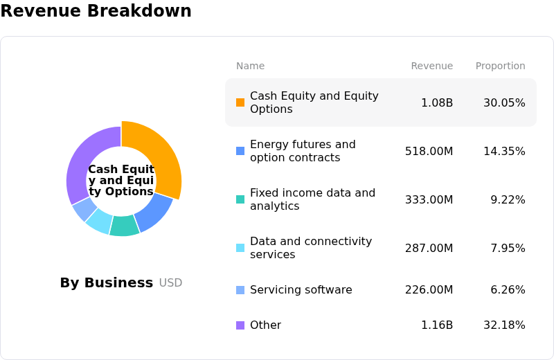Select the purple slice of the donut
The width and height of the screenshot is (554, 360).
coord(82,159)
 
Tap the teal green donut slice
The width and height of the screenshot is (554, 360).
coord(125,226)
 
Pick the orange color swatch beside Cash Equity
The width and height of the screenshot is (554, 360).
coord(240,102)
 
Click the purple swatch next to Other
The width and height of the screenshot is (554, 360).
coord(240,325)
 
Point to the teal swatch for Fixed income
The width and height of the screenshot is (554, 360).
coord(240,199)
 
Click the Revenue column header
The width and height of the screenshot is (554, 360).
coord(431,66)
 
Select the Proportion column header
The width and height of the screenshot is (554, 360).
coord(500,66)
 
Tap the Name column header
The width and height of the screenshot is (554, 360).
coord(250,66)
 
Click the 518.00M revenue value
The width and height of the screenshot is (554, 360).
coord(429,151)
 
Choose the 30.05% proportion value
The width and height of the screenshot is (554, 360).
coord(504,102)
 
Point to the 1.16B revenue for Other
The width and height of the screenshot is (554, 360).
coord(437,325)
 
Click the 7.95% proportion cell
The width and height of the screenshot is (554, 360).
coord(508,248)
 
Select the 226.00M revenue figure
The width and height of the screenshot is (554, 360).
coord(429,289)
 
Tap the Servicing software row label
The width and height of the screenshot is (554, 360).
coord(301,289)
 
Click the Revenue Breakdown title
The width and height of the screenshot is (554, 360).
coord(96,10)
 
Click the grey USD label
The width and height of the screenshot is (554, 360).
coord(170,282)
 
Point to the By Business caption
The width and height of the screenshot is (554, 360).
coord(107,282)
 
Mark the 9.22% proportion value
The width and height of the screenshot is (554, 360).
coord(508,199)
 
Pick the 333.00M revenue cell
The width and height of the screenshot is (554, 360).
coord(429,199)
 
